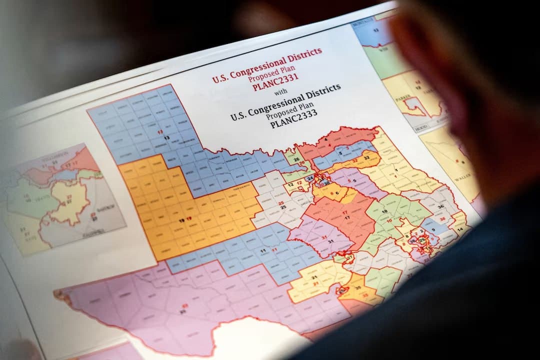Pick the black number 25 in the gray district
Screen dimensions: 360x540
point(282,207)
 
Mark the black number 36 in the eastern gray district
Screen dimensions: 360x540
point(440,206)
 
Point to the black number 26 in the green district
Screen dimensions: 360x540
point(296,159)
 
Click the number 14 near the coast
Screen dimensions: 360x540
point(460,229)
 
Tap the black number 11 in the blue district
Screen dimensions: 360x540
point(263,249)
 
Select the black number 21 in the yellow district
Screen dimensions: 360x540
point(314,277)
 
